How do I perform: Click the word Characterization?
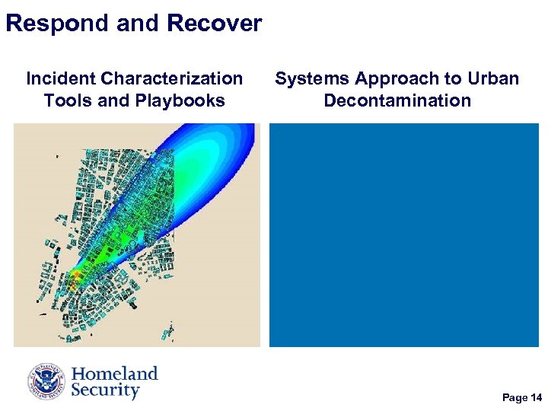coord(172,78)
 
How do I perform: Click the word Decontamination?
coord(397,100)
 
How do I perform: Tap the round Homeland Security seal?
coord(47,382)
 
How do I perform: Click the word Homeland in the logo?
coord(114,374)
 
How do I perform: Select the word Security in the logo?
coord(105,391)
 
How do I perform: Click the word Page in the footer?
coord(515,398)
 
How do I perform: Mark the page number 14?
coord(537,398)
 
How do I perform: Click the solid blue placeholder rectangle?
coord(403,235)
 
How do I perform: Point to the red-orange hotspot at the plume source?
coord(77,276)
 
